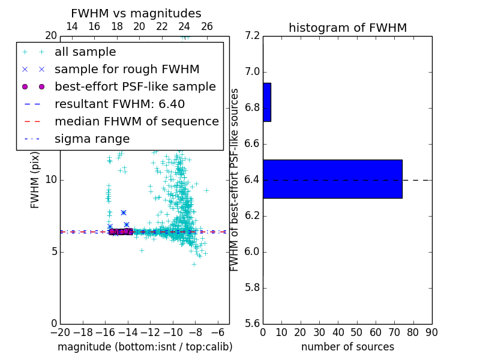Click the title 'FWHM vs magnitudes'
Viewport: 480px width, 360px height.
click(136, 14)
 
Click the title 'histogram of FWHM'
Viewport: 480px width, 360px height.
click(347, 28)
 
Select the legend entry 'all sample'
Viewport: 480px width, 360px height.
click(85, 52)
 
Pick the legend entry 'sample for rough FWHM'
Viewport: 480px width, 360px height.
click(127, 70)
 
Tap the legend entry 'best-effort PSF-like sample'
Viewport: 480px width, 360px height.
click(135, 87)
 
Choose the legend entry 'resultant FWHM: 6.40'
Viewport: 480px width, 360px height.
click(119, 104)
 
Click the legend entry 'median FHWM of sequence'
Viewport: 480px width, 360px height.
click(136, 122)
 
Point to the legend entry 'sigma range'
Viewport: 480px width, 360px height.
click(92, 139)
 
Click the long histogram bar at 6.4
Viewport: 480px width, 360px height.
click(332, 179)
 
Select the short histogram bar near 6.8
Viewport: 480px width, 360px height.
click(267, 102)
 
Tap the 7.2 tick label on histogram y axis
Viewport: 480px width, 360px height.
click(253, 36)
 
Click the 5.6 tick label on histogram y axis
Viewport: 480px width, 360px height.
click(253, 323)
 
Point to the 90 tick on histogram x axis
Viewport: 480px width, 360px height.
click(431, 332)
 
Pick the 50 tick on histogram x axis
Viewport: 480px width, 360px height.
click(356, 332)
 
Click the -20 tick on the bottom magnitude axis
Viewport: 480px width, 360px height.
click(60, 332)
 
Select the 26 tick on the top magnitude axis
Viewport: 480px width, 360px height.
click(207, 26)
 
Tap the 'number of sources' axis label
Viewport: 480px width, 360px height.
click(347, 347)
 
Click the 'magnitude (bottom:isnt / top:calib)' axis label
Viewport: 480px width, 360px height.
click(145, 347)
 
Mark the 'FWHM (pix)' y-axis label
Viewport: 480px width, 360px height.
click(35, 180)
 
